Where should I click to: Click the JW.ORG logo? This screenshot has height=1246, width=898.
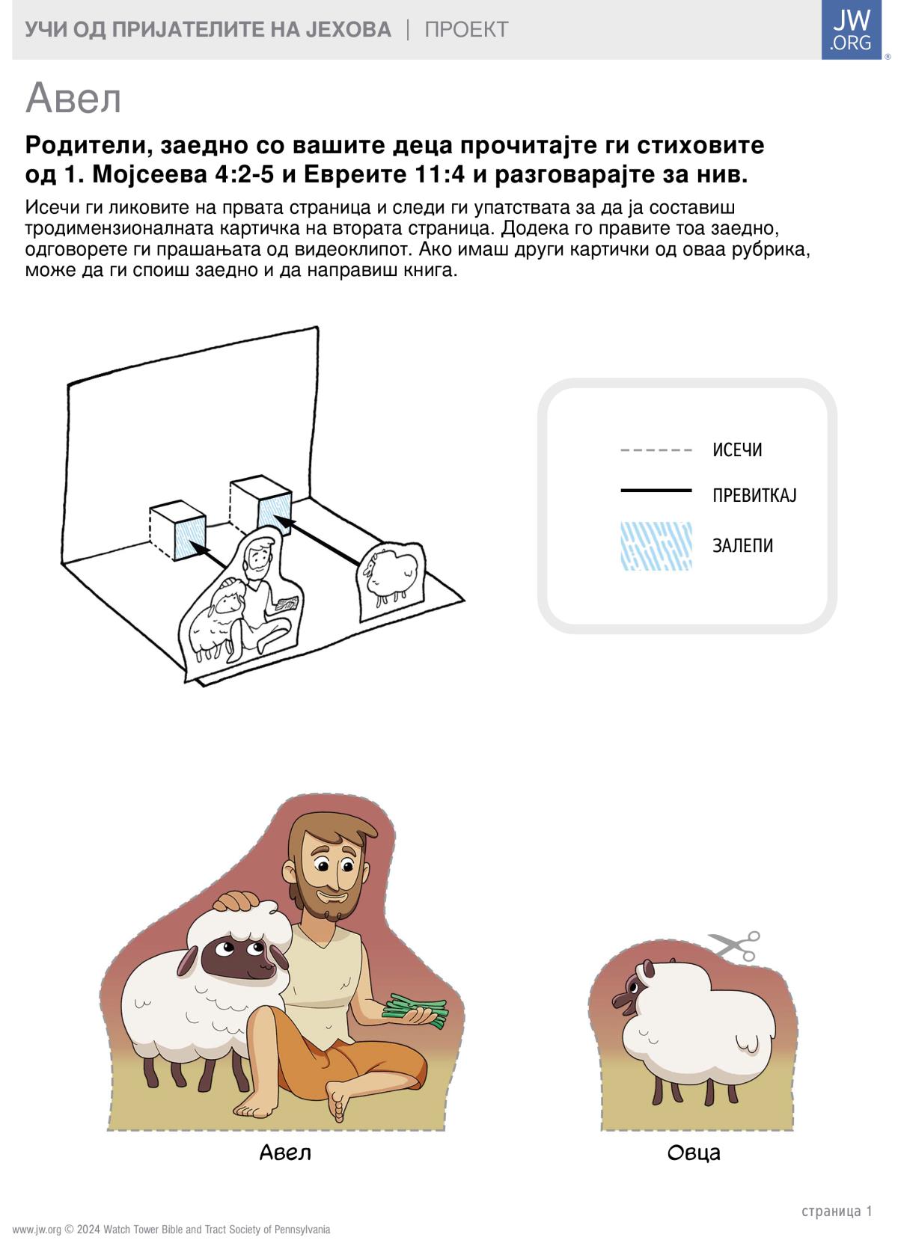tap(852, 29)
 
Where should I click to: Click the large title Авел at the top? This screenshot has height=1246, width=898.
tap(73, 99)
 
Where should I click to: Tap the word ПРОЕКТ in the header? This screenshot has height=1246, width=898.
tap(466, 29)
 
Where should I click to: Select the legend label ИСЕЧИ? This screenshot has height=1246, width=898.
tap(737, 449)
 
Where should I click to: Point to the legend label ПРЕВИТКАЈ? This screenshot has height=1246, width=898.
tap(754, 494)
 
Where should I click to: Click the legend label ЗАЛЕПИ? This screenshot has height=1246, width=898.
tap(742, 545)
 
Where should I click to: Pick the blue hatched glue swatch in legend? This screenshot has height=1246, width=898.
tap(656, 546)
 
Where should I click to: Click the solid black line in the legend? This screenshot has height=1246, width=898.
tap(656, 490)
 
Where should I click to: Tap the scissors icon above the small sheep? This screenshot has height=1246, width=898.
tap(734, 945)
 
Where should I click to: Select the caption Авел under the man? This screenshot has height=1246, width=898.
tap(285, 1152)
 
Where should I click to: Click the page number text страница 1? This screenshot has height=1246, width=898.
tap(837, 1211)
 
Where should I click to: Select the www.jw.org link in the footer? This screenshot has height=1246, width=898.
tap(37, 1230)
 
